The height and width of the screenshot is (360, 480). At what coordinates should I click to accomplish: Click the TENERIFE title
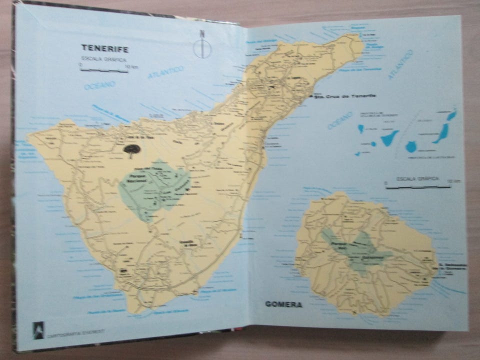point(105,48)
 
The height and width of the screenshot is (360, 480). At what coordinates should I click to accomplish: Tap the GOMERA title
point(283,304)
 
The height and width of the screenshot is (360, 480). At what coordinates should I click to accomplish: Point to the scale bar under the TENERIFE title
point(104,70)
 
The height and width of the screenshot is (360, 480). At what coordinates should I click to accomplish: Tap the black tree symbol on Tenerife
point(132,150)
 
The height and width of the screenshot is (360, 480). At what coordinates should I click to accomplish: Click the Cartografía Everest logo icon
point(38,329)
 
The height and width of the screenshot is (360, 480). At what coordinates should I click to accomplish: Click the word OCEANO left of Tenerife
point(99,85)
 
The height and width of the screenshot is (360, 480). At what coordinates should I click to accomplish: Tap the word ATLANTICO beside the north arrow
point(166,72)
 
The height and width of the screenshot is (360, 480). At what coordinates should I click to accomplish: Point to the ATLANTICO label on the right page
point(400,64)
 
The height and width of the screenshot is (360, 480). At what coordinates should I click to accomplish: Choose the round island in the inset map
point(411,146)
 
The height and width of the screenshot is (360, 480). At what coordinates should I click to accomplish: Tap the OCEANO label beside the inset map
point(340,120)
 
